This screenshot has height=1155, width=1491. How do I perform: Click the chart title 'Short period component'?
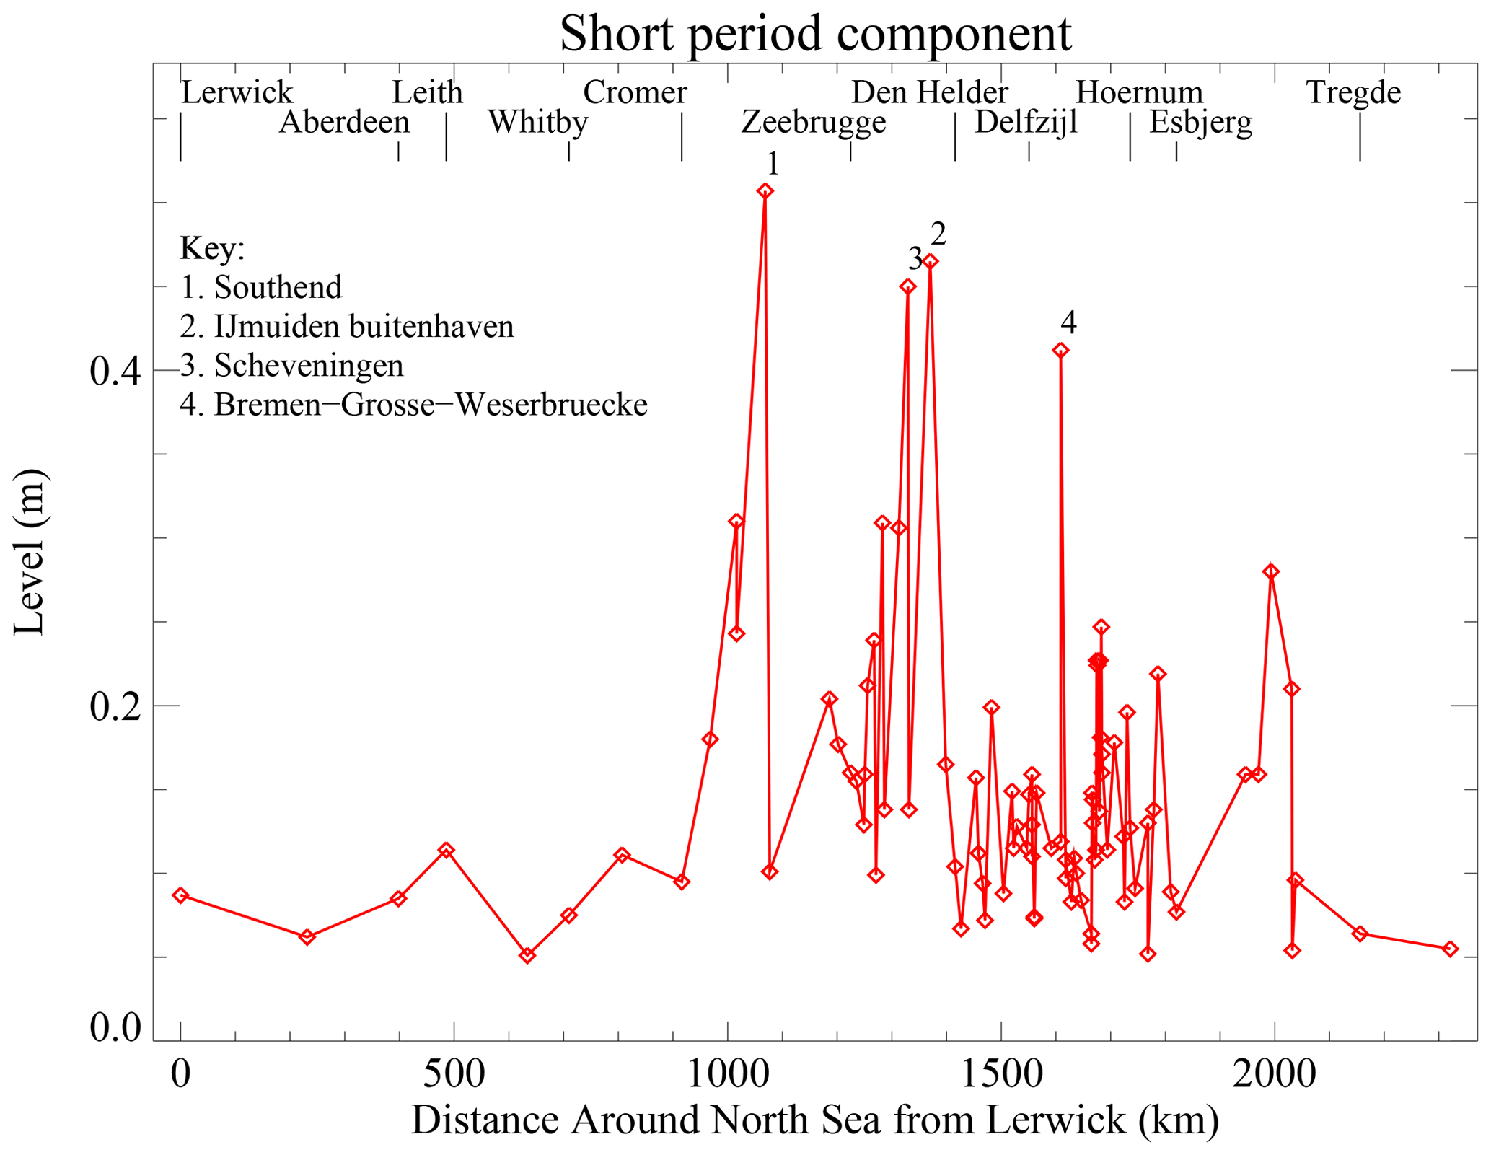pos(815,33)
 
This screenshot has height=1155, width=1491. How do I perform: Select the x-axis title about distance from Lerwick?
pos(815,1120)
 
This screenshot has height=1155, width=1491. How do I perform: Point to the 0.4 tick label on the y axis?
pos(115,371)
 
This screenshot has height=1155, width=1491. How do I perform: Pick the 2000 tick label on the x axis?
pos(1274,1073)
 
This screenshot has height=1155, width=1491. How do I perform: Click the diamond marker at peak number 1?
pos(765,191)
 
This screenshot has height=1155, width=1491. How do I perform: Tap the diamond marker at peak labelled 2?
pos(931,261)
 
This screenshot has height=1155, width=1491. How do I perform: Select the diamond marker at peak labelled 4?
pos(1060,351)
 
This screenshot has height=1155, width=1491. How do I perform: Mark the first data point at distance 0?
pos(180,895)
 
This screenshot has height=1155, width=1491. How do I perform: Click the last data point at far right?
pos(1450,949)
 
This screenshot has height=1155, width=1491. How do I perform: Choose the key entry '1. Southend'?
pos(261,287)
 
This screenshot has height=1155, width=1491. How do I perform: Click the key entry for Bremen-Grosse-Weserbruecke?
pos(413,405)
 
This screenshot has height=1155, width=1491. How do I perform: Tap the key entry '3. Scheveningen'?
pos(291,366)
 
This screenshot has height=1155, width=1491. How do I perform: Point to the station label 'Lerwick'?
pos(237,92)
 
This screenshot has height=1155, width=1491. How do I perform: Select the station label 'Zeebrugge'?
pos(814,123)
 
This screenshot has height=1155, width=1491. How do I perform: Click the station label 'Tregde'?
pos(1353,92)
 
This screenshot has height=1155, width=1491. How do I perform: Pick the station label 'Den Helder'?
pos(929,92)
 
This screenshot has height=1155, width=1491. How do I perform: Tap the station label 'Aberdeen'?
pos(344,123)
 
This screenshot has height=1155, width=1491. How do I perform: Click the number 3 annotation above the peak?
pos(915,258)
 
